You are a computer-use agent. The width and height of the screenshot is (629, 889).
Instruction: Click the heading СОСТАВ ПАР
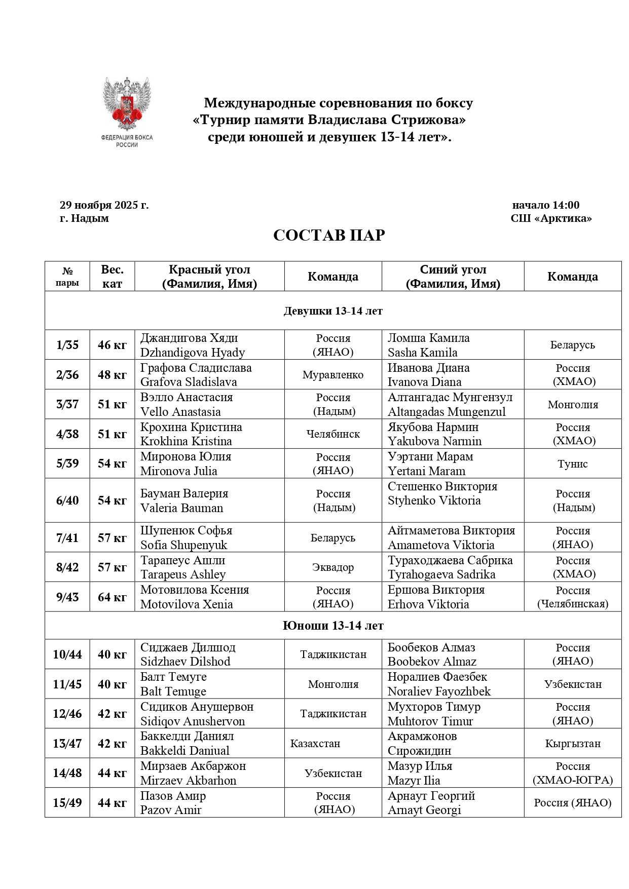(329, 236)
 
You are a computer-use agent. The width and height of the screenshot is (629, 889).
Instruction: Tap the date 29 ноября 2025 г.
(104, 205)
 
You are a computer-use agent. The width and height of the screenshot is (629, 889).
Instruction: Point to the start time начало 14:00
(545, 205)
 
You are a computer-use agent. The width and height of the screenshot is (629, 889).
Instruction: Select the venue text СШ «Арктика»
(551, 218)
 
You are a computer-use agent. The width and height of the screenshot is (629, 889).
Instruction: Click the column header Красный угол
(209, 269)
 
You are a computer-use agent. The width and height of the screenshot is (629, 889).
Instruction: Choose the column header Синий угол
(453, 269)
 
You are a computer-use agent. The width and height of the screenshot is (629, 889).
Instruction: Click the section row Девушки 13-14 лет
(333, 311)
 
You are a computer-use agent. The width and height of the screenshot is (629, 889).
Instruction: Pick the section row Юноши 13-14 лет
(333, 626)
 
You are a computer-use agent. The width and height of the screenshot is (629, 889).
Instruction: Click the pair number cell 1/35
(67, 345)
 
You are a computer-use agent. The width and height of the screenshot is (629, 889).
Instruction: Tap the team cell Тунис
(573, 463)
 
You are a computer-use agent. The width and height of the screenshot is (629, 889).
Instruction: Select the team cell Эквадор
(333, 567)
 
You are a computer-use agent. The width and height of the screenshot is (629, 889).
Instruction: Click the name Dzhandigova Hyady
(193, 353)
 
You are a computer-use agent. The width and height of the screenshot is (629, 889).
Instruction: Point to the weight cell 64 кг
(112, 597)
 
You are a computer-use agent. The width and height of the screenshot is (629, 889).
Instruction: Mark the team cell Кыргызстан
(573, 744)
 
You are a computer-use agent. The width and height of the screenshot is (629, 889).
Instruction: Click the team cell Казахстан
(315, 744)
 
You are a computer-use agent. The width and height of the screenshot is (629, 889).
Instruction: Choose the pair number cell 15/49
(67, 803)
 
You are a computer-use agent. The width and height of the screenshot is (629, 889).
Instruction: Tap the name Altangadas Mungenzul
(447, 412)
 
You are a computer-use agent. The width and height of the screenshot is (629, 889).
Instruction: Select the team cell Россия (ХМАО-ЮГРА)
(573, 774)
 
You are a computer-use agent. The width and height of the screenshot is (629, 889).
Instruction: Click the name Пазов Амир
(173, 796)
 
